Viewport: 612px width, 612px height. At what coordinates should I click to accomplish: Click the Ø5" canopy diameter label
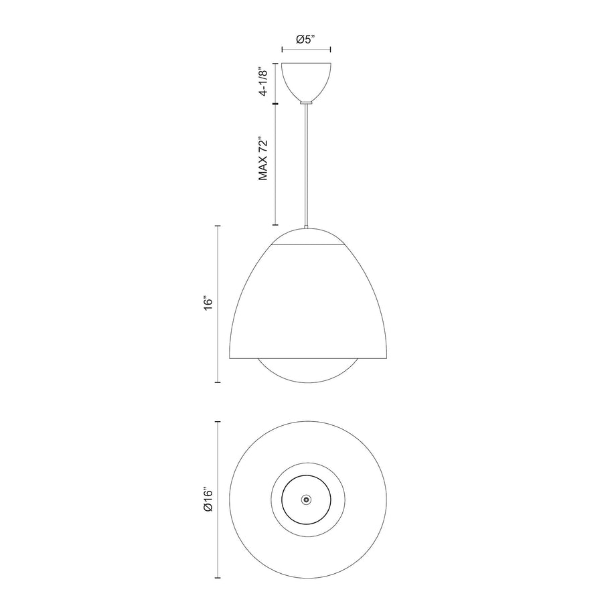pos(305,40)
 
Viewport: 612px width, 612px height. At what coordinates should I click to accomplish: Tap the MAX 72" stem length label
pos(264,158)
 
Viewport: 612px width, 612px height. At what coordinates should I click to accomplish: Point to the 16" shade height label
pos(208,304)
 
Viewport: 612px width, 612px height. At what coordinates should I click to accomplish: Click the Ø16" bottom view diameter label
pos(208,499)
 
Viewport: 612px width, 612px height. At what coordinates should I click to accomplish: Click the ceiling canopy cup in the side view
pos(307,82)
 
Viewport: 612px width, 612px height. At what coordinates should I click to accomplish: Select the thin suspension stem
pos(307,166)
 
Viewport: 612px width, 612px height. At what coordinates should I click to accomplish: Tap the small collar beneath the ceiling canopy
pos(307,102)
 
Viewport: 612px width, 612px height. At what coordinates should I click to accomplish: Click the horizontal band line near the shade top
pos(308,246)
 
